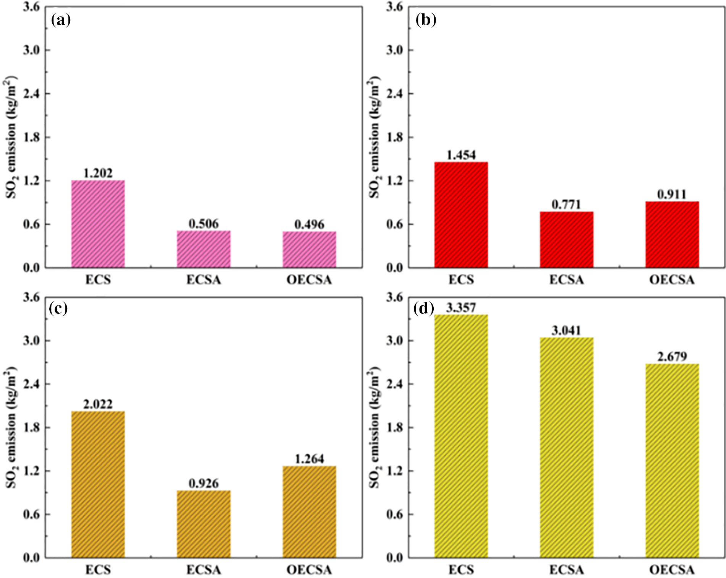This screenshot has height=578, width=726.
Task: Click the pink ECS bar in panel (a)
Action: pyautogui.click(x=98, y=224)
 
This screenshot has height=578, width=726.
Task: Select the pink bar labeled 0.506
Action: pyautogui.click(x=204, y=249)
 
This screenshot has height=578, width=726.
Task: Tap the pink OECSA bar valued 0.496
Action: pyautogui.click(x=310, y=249)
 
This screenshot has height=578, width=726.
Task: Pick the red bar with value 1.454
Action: pyautogui.click(x=461, y=214)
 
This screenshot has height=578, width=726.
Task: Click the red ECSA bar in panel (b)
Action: pyautogui.click(x=567, y=239)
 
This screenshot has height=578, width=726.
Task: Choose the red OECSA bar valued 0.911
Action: pyautogui.click(x=672, y=234)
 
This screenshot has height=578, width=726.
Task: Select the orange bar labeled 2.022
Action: pyautogui.click(x=98, y=484)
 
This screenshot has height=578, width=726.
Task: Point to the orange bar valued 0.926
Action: pyautogui.click(x=204, y=524)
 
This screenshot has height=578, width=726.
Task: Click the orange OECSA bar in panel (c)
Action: pyautogui.click(x=310, y=512)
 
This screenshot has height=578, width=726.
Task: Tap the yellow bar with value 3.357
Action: pyautogui.click(x=461, y=436)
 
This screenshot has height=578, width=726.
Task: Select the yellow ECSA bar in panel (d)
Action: pyautogui.click(x=567, y=448)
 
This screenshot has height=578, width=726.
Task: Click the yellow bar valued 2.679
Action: pyautogui.click(x=672, y=461)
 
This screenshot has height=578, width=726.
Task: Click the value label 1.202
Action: pyautogui.click(x=98, y=173)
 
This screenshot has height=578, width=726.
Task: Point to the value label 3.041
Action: pyautogui.click(x=566, y=330)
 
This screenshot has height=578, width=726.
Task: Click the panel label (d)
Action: pyautogui.click(x=424, y=308)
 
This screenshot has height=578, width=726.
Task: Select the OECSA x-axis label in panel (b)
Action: pyautogui.click(x=672, y=280)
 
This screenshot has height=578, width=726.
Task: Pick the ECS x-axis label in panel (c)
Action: pyautogui.click(x=98, y=570)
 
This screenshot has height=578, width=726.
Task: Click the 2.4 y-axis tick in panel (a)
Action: pyautogui.click(x=31, y=94)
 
